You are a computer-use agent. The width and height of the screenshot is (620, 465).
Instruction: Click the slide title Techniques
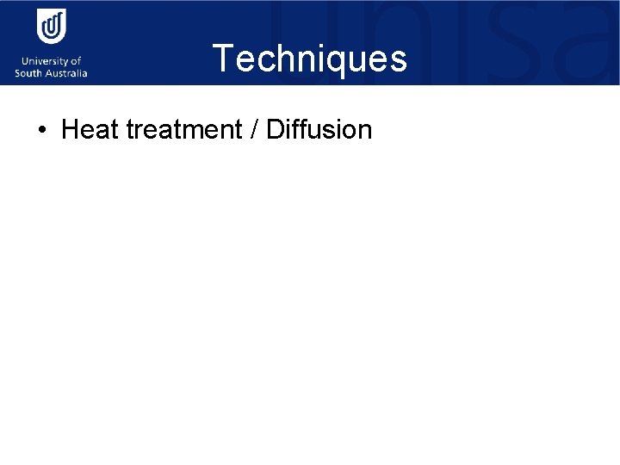[310, 59]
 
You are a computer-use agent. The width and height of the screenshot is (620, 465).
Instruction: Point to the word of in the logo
[76, 61]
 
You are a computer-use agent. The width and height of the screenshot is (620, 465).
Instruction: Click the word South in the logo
[29, 73]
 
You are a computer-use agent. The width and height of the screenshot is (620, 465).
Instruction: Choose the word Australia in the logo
[66, 73]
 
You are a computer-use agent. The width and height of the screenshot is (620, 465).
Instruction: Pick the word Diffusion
[319, 130]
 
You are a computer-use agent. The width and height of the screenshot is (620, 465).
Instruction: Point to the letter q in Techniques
[336, 62]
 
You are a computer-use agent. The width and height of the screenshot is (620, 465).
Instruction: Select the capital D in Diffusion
[275, 130]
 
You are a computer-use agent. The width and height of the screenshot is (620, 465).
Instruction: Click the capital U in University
[19, 61]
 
